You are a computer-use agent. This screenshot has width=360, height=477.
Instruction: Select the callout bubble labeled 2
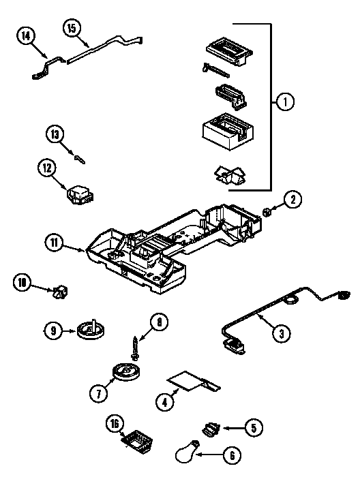tap(292, 200)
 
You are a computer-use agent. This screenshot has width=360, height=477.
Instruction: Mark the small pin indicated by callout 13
tap(79, 159)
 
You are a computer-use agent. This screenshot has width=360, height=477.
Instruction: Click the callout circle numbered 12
tap(46, 166)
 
